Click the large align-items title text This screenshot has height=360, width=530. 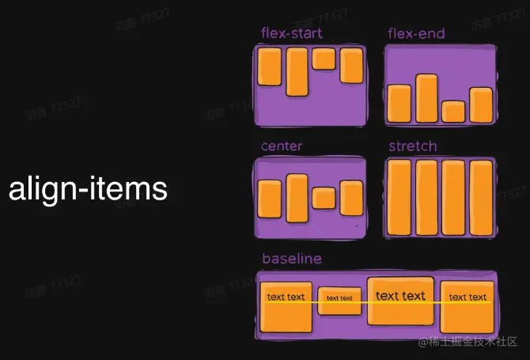click(88, 190)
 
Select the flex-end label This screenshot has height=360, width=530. click(416, 33)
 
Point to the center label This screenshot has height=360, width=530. click(282, 146)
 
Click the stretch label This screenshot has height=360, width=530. click(412, 146)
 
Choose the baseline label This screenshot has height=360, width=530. click(292, 259)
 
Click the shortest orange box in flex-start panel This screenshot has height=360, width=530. click(324, 59)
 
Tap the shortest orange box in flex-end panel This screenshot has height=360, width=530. click(453, 111)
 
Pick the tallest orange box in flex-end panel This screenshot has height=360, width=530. click(426, 98)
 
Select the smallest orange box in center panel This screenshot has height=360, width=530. click(324, 197)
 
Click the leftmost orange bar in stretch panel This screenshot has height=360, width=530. click(399, 198)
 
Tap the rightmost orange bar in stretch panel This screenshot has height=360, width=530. click(481, 198)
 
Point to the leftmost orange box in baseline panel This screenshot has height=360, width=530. click(286, 306)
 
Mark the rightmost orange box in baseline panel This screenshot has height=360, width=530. click(468, 306)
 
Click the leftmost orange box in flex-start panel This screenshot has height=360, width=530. click(270, 67)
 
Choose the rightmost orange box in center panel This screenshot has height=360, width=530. click(351, 198)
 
